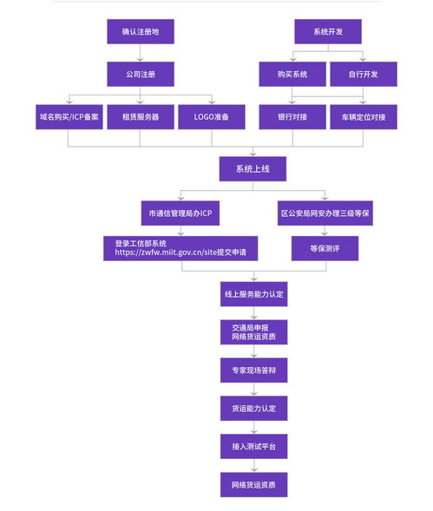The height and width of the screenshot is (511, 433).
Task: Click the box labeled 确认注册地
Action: [x=141, y=32]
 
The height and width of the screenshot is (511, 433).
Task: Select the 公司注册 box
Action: [x=141, y=74]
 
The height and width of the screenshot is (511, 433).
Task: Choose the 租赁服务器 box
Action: [x=141, y=117]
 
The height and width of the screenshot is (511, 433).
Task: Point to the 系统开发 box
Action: [x=327, y=32]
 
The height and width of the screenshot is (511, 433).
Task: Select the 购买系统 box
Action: [x=292, y=74]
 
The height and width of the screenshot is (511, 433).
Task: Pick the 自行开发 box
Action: [x=364, y=74]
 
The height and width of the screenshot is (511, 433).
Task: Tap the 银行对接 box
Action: [x=292, y=117]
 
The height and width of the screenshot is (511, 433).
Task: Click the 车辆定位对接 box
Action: [x=364, y=117]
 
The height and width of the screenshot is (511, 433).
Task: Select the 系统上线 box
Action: [x=253, y=168]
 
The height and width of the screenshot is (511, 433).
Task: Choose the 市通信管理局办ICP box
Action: [x=181, y=213]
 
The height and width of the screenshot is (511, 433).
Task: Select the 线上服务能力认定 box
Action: [x=253, y=294]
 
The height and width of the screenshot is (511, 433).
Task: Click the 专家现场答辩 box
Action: [x=253, y=370]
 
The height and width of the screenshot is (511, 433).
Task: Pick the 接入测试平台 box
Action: [x=253, y=447]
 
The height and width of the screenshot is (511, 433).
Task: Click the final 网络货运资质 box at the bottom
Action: [x=253, y=484]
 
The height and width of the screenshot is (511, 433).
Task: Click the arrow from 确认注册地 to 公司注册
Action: [x=141, y=53]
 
